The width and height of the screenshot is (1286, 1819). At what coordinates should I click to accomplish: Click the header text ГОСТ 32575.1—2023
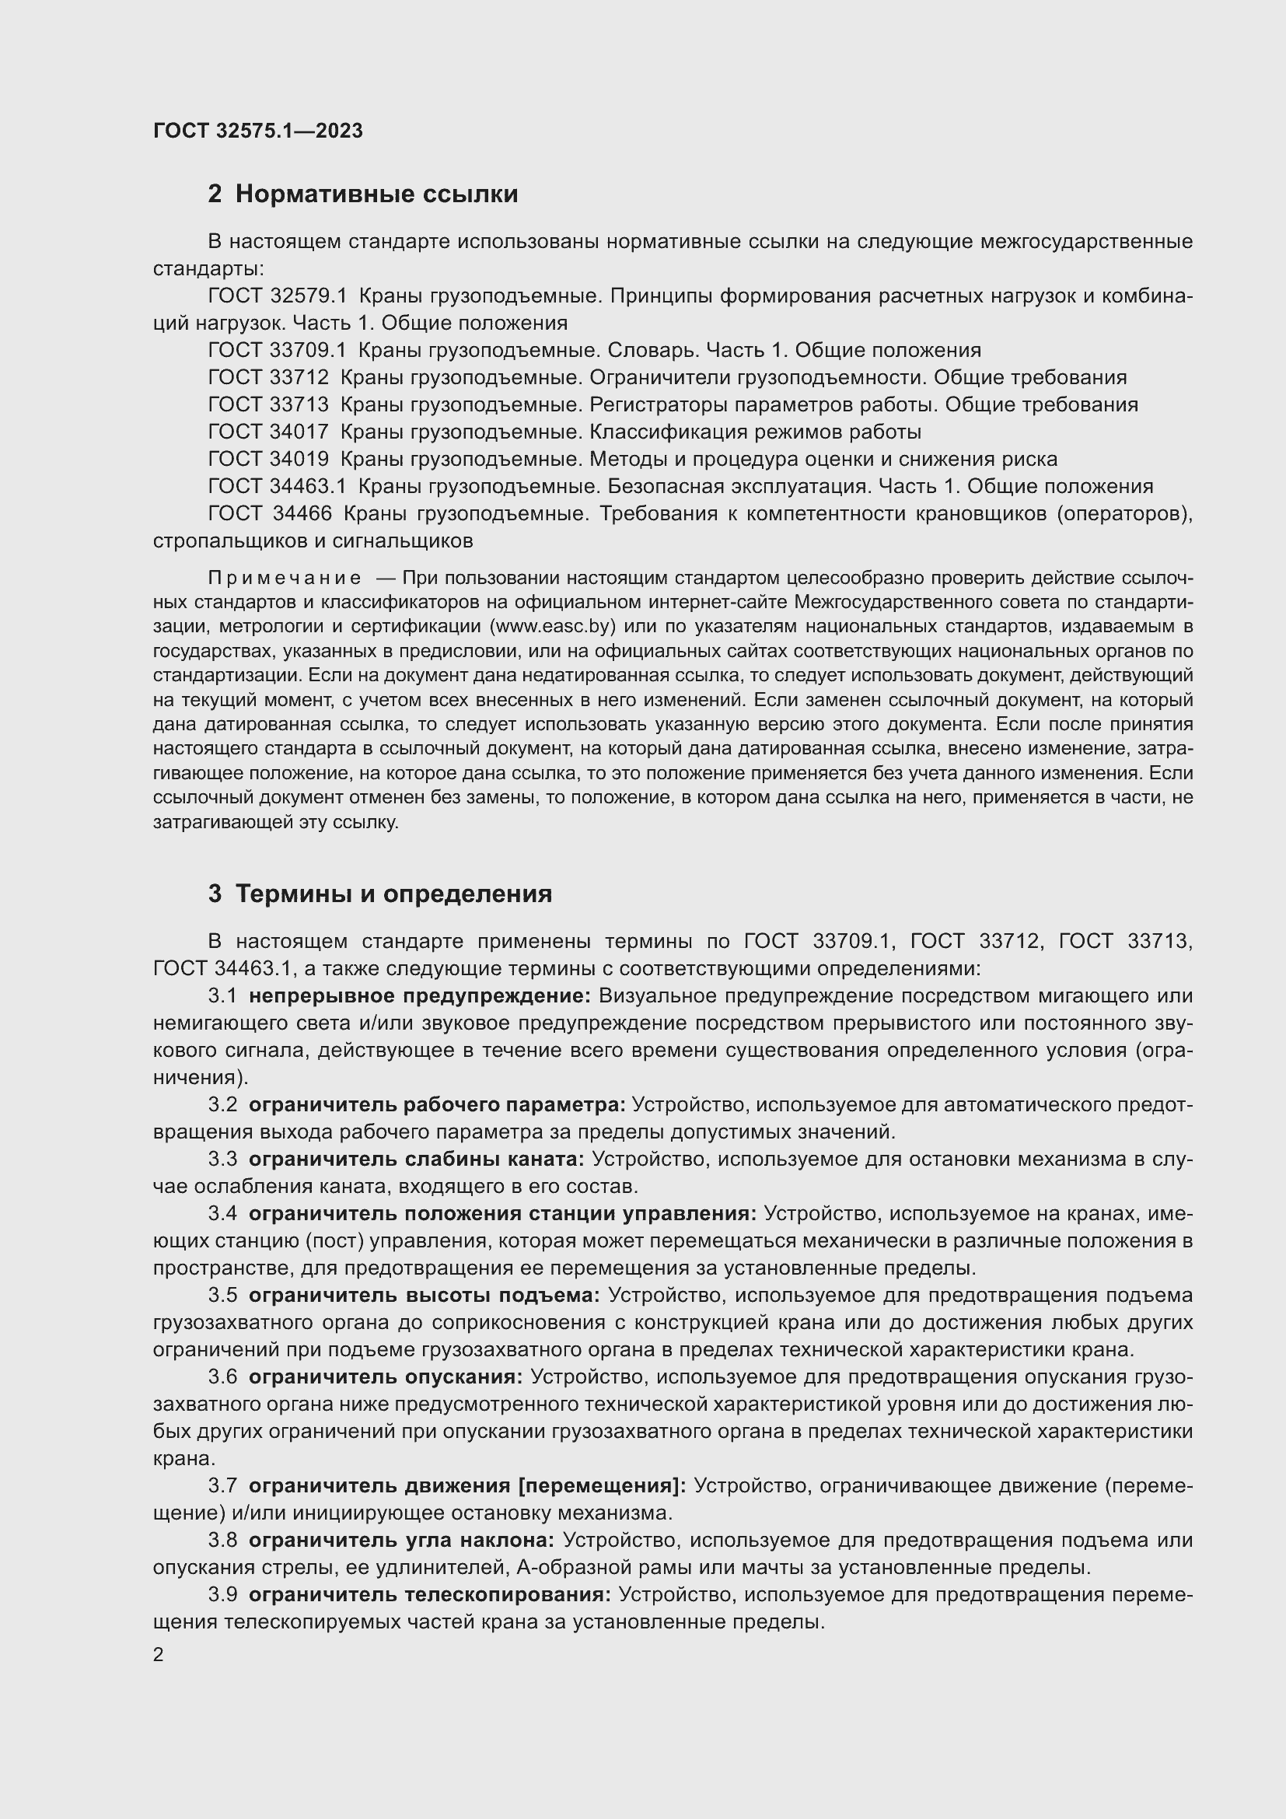click(258, 131)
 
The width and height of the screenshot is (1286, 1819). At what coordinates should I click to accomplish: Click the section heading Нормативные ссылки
click(376, 194)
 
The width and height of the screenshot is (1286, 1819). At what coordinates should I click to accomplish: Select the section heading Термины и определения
click(393, 894)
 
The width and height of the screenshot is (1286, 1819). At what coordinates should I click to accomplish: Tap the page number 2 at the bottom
click(159, 1655)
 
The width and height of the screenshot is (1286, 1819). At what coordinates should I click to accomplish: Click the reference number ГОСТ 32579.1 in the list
click(278, 296)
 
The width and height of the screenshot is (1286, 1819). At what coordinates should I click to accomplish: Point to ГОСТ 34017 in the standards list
click(268, 432)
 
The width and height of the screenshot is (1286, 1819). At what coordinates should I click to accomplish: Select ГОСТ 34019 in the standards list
click(268, 459)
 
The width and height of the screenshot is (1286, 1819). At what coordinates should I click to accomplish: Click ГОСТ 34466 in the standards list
click(270, 513)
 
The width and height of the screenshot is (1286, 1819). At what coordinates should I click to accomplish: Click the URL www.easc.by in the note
click(554, 626)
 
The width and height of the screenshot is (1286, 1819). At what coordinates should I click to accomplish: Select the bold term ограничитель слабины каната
click(416, 1159)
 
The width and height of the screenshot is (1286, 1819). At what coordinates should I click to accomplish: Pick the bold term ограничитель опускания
click(386, 1377)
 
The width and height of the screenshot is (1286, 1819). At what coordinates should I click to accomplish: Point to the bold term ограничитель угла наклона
click(401, 1540)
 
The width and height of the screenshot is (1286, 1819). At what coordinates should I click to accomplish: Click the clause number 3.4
click(222, 1214)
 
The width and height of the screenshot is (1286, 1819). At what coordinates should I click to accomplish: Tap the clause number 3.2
click(222, 1104)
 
